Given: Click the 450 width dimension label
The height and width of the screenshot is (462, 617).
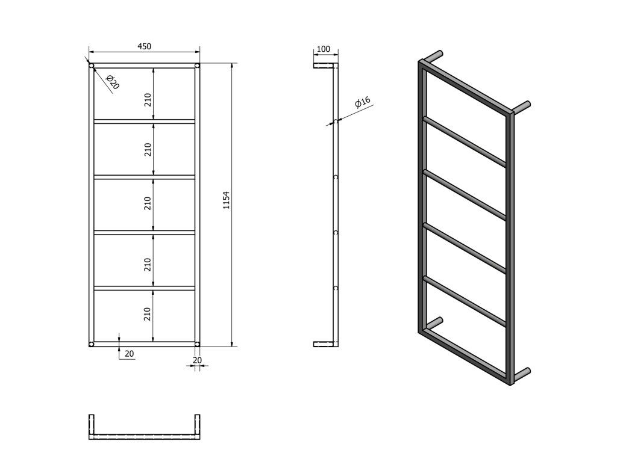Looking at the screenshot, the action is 144,46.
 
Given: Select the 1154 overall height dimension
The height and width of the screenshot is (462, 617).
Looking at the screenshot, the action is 227,200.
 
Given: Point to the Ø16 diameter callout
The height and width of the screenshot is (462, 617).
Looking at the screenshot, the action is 362,102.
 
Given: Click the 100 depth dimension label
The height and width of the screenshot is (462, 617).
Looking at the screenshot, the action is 323,49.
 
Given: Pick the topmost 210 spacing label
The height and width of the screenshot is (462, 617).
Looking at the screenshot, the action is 148,100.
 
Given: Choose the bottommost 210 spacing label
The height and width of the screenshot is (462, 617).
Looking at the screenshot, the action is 148,314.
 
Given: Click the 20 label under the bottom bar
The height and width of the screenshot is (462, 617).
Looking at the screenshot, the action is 129,354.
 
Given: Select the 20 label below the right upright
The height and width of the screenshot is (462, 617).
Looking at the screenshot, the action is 197,360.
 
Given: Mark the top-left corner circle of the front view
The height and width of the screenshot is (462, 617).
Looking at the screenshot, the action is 92,65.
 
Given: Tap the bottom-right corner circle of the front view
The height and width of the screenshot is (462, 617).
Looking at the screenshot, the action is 197,344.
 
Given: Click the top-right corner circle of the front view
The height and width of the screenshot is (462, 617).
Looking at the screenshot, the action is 197,65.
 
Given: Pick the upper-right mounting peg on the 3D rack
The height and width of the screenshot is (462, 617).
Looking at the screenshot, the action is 521,107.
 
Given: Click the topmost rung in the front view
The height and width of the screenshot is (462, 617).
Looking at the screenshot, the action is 144,121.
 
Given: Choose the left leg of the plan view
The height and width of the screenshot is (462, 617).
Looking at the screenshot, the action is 92,427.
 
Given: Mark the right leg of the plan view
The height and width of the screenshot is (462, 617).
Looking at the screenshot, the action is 197,427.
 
